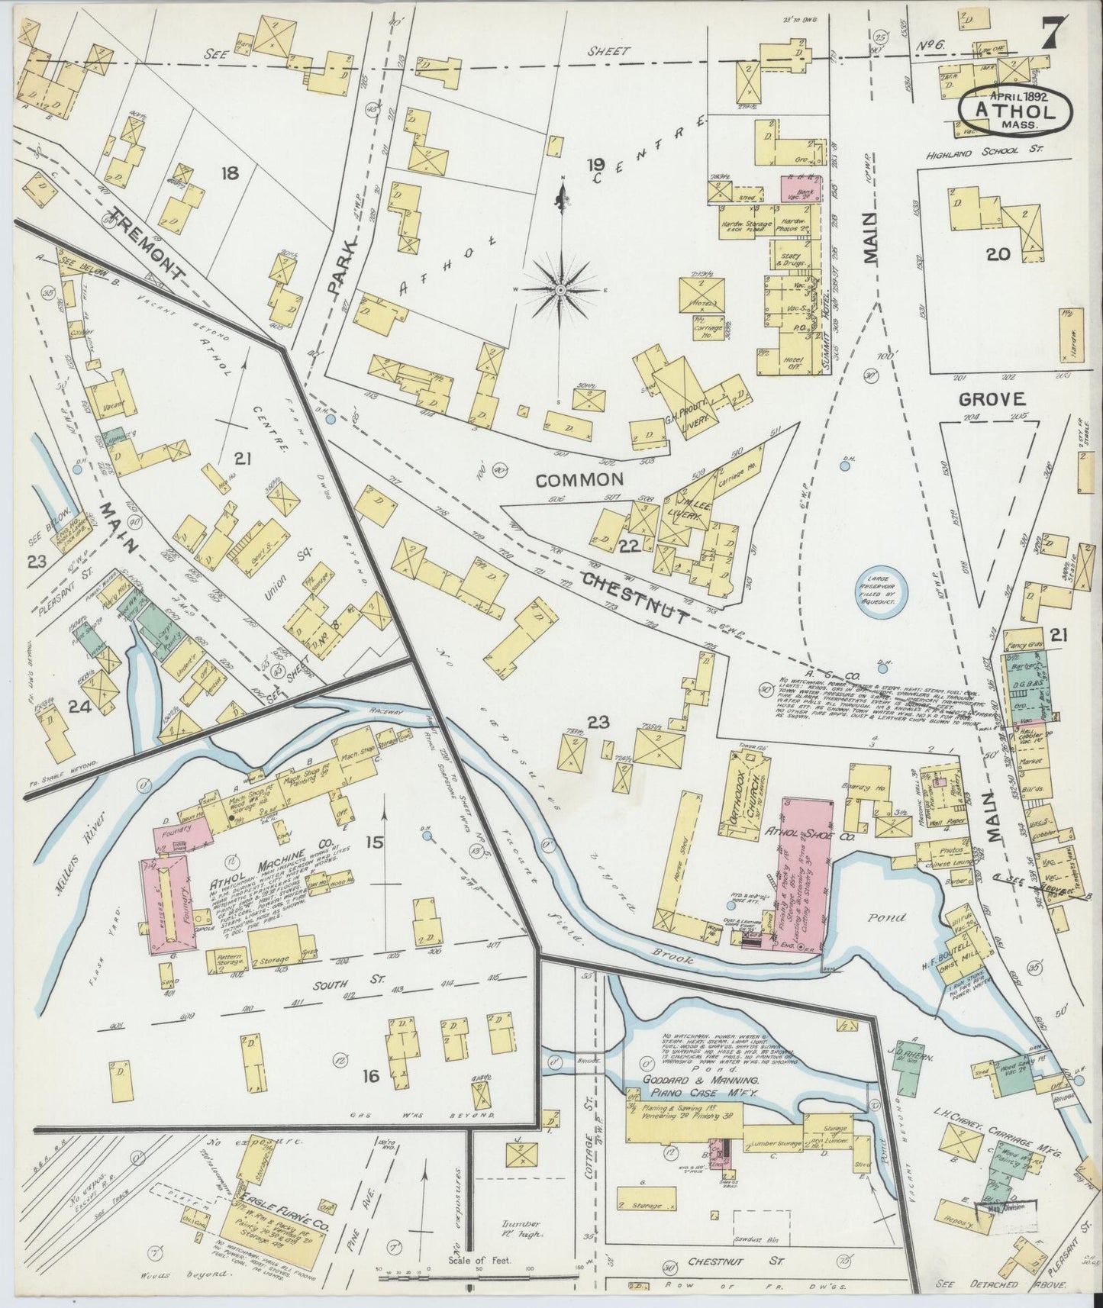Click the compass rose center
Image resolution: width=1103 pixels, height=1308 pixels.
coord(560,290)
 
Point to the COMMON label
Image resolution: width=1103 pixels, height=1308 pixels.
coord(579,479)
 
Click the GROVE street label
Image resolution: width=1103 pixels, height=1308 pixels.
coord(991,398)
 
